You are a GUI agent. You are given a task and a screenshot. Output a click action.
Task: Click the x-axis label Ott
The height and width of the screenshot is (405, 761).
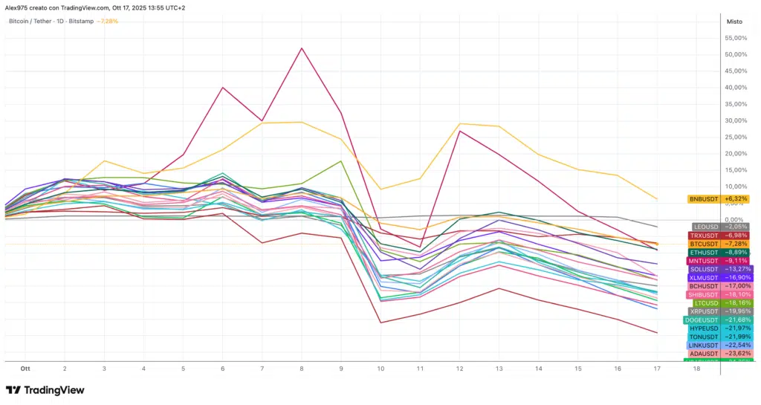coord(25,369)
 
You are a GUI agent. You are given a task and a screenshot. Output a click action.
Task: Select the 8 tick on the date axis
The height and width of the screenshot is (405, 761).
coord(302,369)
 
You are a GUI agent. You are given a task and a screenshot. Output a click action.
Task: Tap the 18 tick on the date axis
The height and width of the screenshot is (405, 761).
coord(696,369)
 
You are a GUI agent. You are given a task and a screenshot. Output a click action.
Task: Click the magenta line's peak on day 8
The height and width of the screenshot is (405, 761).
coord(302,48)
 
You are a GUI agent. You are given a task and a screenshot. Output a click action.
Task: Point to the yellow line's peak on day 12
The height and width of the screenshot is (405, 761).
coord(460,123)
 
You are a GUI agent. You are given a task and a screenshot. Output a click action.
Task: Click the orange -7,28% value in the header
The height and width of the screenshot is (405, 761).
coord(108,21)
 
